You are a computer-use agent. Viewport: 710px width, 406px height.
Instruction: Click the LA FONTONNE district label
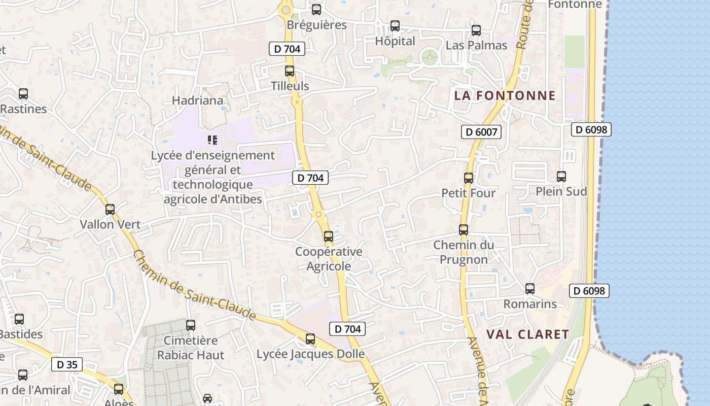(505, 95)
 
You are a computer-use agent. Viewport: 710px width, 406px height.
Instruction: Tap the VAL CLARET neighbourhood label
(527, 334)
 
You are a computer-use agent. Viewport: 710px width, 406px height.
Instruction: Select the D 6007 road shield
(481, 132)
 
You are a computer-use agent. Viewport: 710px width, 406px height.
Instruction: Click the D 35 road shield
(67, 364)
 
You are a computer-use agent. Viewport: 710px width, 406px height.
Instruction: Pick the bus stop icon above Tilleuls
(290, 71)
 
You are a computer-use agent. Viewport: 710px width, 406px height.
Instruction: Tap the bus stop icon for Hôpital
(395, 26)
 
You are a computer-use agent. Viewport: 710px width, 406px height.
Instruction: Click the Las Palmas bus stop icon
(476, 30)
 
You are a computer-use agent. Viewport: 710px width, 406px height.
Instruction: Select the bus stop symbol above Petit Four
(469, 178)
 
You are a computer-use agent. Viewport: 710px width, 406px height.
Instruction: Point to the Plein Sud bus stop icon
(561, 177)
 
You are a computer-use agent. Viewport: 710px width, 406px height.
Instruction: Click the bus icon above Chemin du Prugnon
(464, 230)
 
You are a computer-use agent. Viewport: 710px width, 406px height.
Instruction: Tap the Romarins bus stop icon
(530, 289)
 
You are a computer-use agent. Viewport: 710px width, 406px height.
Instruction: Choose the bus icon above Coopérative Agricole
(329, 236)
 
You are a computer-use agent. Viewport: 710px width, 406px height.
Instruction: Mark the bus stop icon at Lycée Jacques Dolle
(310, 339)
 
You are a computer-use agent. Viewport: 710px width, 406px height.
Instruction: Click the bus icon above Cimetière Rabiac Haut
(191, 325)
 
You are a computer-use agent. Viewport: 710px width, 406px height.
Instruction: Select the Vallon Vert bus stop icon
(110, 209)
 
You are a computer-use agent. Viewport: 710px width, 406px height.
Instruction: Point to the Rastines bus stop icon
(23, 94)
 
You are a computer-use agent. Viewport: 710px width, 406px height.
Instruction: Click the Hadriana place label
(198, 100)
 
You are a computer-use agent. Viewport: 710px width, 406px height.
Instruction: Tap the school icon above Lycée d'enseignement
(212, 140)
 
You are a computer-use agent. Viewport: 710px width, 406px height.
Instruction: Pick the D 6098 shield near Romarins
(589, 291)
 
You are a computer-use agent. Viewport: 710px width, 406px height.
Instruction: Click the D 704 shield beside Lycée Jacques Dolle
(348, 329)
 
